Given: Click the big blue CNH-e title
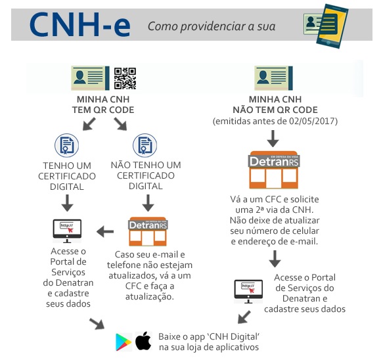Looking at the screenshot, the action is [x=79, y=25].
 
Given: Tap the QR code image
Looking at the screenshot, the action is [x=125, y=78].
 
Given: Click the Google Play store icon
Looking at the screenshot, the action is [x=124, y=342].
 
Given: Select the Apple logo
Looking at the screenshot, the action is [x=143, y=341].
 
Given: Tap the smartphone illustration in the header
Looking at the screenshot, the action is [x=332, y=26].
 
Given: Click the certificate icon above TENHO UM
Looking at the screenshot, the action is [x=67, y=145].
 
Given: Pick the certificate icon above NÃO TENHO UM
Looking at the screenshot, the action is [x=145, y=145].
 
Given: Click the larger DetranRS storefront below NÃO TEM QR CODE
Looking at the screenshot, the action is [x=273, y=170].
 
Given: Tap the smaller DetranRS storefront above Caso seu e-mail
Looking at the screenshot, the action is [x=148, y=231].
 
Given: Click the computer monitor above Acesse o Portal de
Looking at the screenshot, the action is [x=67, y=231].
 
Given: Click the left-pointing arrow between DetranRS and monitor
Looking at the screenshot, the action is [x=105, y=231].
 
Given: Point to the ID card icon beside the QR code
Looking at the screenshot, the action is [x=90, y=78].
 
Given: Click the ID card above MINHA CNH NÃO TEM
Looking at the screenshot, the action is [x=273, y=78].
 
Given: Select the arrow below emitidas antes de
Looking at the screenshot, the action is [x=273, y=139].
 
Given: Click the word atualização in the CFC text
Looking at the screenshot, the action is [x=150, y=297].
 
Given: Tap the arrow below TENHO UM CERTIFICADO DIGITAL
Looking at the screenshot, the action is [x=67, y=203].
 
